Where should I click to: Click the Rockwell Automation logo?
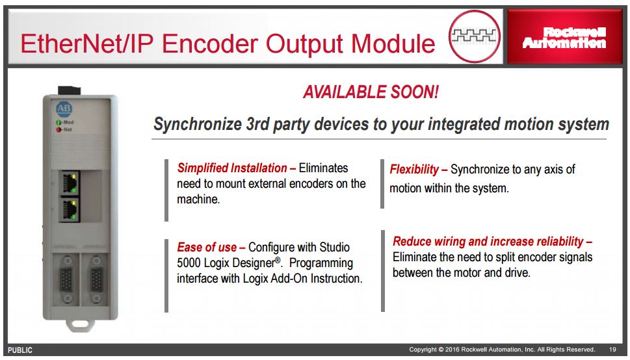(564, 38)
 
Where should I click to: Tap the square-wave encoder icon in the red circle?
(474, 36)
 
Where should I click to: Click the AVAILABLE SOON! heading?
(371, 92)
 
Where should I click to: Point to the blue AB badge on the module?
(64, 109)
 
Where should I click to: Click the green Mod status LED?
(59, 123)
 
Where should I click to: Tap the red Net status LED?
(59, 129)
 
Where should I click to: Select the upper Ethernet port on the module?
(70, 183)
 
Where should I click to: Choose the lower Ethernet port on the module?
(70, 209)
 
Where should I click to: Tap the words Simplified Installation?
(232, 168)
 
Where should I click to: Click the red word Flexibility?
(414, 170)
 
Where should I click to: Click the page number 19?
(612, 350)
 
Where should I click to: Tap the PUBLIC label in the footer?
(20, 350)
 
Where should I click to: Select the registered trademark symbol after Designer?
(278, 259)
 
